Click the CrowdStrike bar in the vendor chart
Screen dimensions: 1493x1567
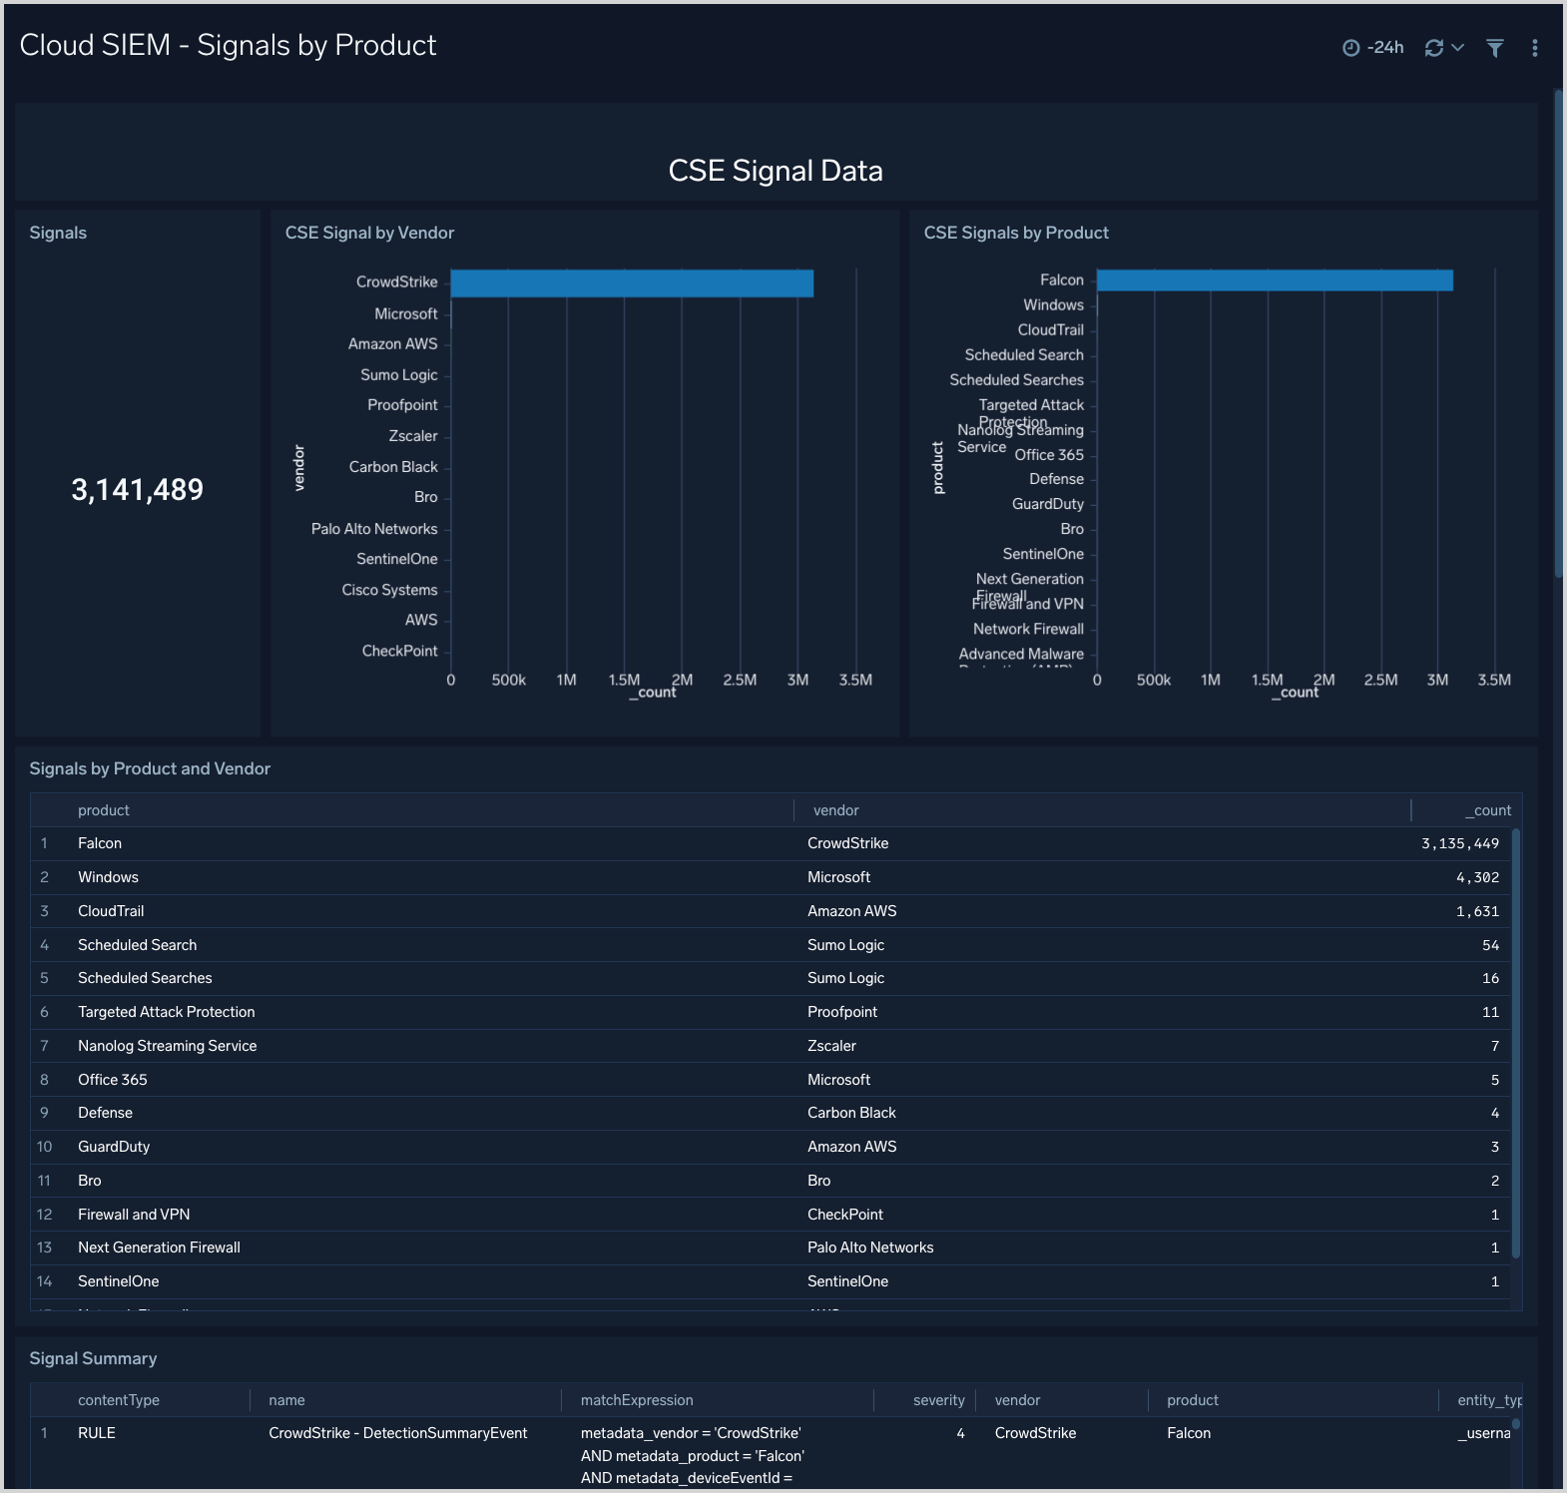[632, 283]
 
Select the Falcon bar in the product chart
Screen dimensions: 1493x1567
[1275, 280]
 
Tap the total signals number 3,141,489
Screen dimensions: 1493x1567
[138, 490]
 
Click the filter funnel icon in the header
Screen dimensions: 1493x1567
[1494, 48]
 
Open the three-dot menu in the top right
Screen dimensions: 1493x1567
[1534, 48]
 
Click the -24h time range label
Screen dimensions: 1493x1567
[1384, 48]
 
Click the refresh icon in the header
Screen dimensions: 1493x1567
[1434, 48]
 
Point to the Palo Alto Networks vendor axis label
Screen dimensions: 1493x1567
[374, 529]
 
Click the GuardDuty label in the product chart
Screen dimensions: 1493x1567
[1047, 504]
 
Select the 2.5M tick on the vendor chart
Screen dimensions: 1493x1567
[740, 681]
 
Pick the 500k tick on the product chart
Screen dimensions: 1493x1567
[1154, 681]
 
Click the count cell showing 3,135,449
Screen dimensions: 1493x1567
[1459, 844]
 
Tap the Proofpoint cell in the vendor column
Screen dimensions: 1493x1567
[842, 1012]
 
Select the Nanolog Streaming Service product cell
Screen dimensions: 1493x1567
[168, 1046]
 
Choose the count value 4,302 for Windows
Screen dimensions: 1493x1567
[1477, 878]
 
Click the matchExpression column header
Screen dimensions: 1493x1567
[637, 1401]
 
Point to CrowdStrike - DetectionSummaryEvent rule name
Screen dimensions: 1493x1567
[397, 1433]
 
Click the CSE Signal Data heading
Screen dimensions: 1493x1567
[776, 172]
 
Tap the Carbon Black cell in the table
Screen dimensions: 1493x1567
[851, 1113]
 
